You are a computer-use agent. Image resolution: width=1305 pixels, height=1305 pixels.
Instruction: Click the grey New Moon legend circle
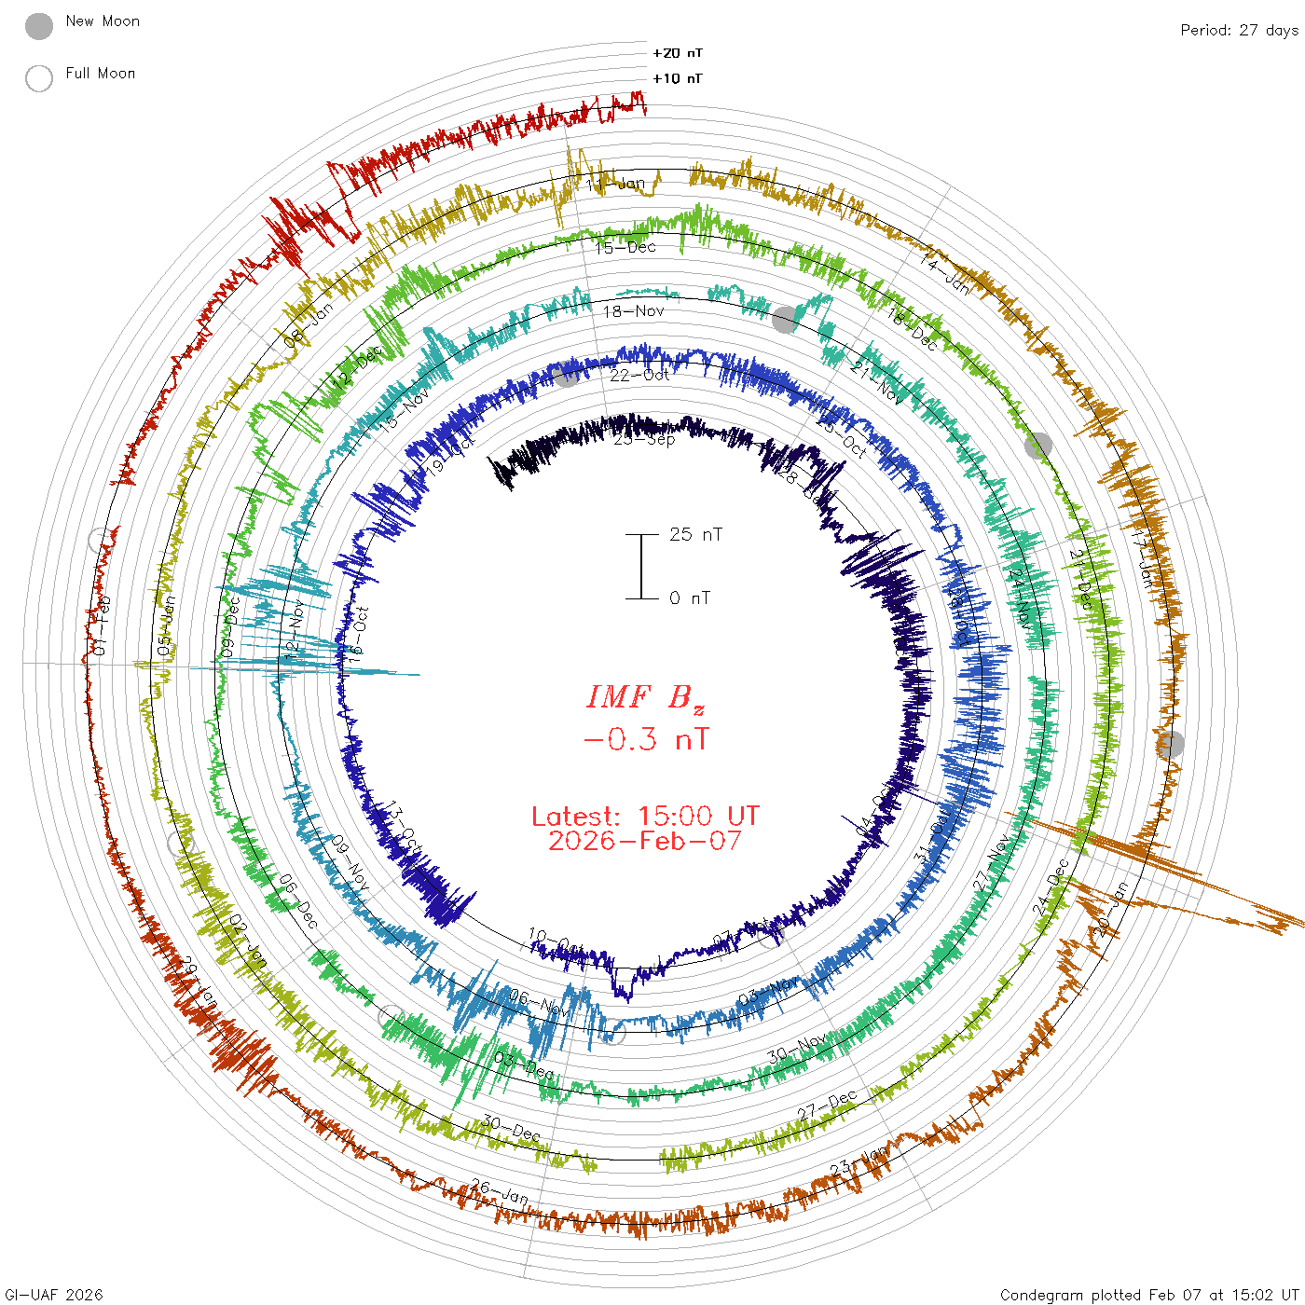[x=39, y=27]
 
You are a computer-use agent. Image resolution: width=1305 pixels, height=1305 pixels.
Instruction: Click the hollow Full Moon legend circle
[x=39, y=78]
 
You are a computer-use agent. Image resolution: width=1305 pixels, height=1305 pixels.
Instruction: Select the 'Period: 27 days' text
[x=1239, y=31]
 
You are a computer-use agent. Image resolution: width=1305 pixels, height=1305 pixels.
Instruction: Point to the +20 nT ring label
[x=678, y=53]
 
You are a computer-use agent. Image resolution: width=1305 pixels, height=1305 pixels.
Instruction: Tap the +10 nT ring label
[x=678, y=78]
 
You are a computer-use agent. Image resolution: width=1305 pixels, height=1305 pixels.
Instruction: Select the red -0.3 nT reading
[x=645, y=740]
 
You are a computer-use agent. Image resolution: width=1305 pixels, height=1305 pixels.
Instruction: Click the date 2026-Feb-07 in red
[x=645, y=841]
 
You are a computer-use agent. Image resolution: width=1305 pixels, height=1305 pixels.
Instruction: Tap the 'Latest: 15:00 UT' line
[x=645, y=817]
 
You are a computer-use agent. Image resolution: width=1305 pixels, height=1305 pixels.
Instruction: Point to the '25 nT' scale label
[x=695, y=534]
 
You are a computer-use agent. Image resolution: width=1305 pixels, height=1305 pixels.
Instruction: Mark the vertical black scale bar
[x=641, y=567]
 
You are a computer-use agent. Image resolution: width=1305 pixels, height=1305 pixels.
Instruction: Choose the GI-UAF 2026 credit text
[x=54, y=1295]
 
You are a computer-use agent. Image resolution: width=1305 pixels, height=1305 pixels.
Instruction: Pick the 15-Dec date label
[x=625, y=247]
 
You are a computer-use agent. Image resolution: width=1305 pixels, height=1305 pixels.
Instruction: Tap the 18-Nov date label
[x=634, y=311]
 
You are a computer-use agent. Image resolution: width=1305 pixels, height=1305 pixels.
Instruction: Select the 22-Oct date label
[x=640, y=375]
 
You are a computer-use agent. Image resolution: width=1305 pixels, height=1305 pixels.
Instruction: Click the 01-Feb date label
[x=101, y=625]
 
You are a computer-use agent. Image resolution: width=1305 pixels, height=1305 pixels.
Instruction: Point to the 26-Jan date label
[x=500, y=1190]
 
